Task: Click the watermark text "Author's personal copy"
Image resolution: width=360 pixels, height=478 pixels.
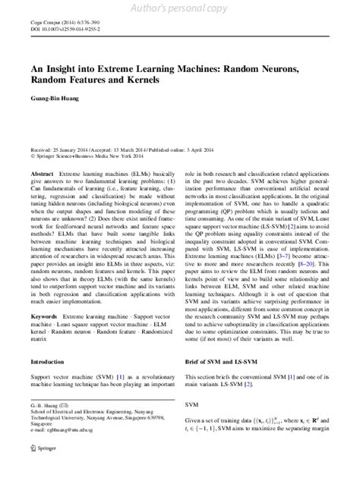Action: tap(180, 8)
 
